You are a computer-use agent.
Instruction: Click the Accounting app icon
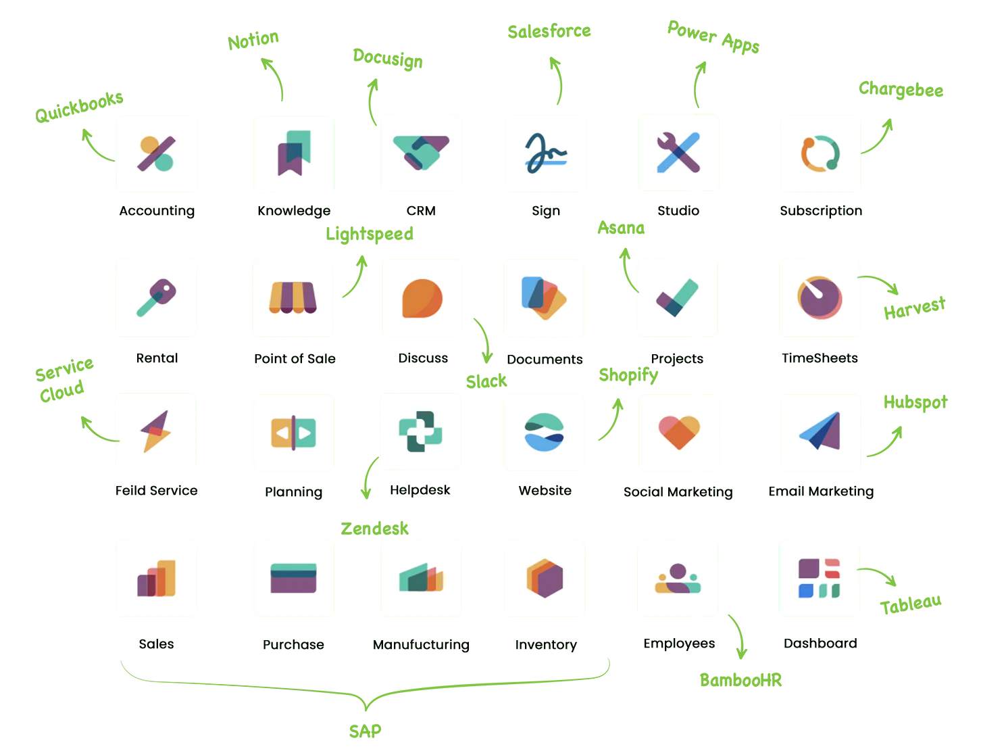pyautogui.click(x=156, y=154)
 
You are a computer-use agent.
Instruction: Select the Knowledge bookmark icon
pyautogui.click(x=293, y=154)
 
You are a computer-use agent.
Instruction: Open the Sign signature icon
pyautogui.click(x=546, y=153)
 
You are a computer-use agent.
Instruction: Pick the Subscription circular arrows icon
pyautogui.click(x=820, y=153)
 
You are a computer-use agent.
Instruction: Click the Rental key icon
pyautogui.click(x=156, y=297)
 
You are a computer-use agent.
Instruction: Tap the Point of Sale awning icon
pyautogui.click(x=293, y=297)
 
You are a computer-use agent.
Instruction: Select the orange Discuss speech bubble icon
pyautogui.click(x=422, y=297)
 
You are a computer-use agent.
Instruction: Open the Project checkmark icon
pyautogui.click(x=677, y=297)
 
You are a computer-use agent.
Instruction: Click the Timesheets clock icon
pyautogui.click(x=820, y=297)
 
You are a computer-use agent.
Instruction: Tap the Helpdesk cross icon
pyautogui.click(x=420, y=431)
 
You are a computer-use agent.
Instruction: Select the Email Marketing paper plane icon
pyautogui.click(x=820, y=431)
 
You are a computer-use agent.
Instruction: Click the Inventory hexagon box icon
pyautogui.click(x=545, y=578)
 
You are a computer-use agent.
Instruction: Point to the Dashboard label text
pyautogui.click(x=820, y=644)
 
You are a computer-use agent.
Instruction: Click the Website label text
pyautogui.click(x=545, y=491)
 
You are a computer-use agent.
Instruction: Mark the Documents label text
pyautogui.click(x=543, y=360)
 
